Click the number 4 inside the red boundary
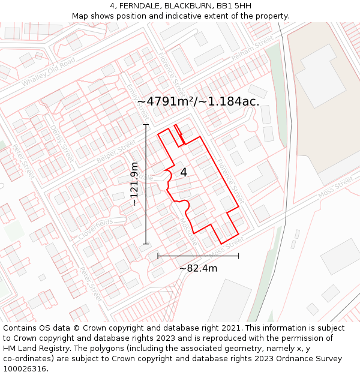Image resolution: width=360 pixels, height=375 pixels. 184,172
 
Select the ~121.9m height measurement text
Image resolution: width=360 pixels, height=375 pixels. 134,184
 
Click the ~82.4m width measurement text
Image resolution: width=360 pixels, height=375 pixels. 198,268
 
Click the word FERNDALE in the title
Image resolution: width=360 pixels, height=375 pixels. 139,6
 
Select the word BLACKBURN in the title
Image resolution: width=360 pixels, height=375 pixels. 188,6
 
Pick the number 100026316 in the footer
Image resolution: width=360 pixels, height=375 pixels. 26,369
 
